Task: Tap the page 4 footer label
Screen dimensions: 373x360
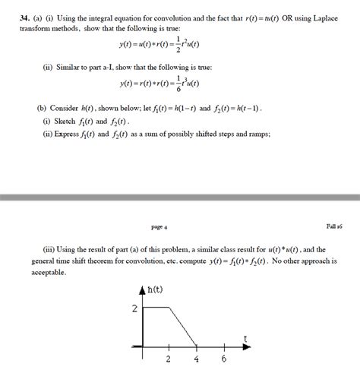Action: tap(159, 226)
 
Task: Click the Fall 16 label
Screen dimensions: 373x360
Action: tap(333, 226)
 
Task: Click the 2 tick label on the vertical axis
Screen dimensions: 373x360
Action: tap(134, 308)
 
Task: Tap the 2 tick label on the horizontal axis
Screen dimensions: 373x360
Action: tap(168, 359)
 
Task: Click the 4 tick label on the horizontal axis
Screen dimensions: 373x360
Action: tap(196, 359)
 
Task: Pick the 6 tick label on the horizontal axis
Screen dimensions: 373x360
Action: tap(224, 359)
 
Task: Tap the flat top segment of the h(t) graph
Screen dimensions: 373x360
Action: tap(155, 308)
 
